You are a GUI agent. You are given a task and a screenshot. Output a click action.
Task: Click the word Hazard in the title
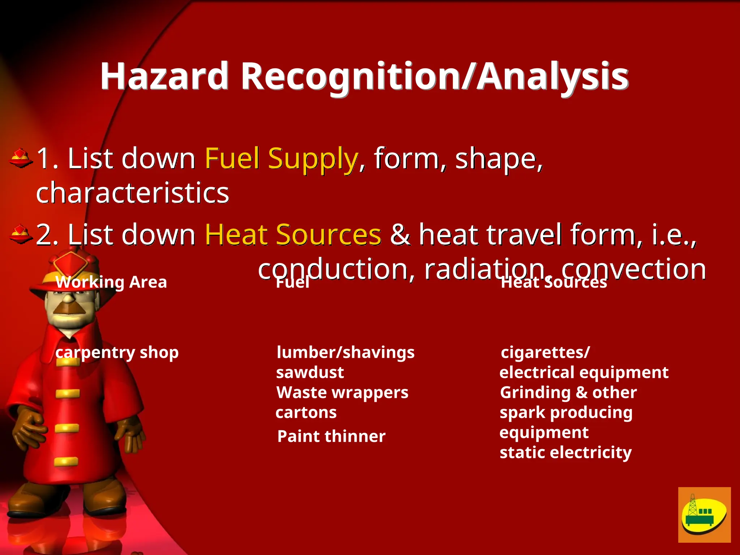coord(164,76)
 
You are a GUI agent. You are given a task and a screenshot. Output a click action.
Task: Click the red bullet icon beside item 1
coord(20,158)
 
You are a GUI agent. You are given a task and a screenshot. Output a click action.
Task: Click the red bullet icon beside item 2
coord(20,235)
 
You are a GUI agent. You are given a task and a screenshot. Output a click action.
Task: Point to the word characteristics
coord(132,193)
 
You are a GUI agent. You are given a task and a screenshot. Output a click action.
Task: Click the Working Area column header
coord(111,282)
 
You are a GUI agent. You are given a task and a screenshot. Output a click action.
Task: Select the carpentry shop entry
coord(117,352)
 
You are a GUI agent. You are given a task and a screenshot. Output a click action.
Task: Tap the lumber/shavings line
coord(345,352)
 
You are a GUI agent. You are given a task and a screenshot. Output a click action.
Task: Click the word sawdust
coord(310,373)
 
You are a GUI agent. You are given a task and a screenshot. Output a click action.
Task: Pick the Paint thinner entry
coord(331,436)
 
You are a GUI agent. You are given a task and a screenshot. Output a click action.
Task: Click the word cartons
coord(306,413)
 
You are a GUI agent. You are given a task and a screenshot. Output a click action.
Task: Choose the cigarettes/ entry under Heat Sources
coord(545,352)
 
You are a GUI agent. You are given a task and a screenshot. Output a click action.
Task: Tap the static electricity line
coord(565,452)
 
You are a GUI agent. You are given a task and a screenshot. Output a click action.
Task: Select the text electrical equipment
coord(584,373)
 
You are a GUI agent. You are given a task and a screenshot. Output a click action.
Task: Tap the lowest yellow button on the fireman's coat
coord(66,461)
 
